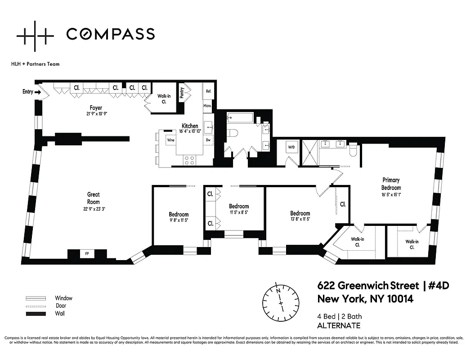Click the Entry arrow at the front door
(x=38, y=92)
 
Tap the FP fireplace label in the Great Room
(x=87, y=254)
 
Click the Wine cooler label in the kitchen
(x=170, y=140)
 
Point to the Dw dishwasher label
(x=208, y=140)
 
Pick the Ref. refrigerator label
(x=208, y=91)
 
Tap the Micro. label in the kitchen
(x=207, y=106)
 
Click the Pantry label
(x=182, y=92)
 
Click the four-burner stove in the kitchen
(x=189, y=158)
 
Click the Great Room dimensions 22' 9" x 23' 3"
(x=93, y=209)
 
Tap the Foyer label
(x=95, y=108)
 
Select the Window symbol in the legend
(x=36, y=298)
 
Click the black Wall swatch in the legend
(x=36, y=313)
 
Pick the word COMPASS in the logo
(x=110, y=34)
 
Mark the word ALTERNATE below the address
(x=339, y=325)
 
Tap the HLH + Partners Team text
(x=35, y=64)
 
